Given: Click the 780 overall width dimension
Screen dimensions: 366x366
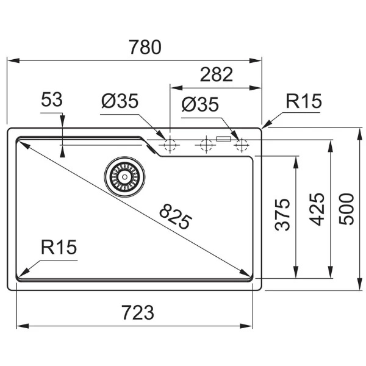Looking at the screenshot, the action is (145, 47).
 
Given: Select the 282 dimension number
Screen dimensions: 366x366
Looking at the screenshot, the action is (217, 74).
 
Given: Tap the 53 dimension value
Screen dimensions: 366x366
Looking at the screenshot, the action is (52, 99).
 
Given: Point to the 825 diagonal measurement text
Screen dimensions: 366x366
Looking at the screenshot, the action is (175, 217).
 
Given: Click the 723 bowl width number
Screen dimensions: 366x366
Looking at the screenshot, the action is (138, 312).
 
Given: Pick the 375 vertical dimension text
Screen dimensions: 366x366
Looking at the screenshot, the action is (282, 215).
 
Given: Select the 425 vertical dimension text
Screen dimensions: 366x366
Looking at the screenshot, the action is (317, 209).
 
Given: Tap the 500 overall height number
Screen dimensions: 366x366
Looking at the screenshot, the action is (346, 209).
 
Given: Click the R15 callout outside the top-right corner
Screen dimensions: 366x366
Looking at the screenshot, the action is (304, 101).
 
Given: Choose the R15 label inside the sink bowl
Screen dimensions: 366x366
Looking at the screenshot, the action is (59, 247).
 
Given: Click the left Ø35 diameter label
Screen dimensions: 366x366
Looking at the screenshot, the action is (120, 101).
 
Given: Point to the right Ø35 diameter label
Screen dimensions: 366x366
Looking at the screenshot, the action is (200, 104).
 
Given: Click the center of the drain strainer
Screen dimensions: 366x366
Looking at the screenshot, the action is (124, 177).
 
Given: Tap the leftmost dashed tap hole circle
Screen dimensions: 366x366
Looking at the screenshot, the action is (170, 145).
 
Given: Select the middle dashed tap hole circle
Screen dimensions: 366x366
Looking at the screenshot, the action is (206, 145).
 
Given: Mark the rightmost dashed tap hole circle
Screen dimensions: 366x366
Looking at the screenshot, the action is (242, 145).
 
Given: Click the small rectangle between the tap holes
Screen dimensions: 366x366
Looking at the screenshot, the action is (224, 139).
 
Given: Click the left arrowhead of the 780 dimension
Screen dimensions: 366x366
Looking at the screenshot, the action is (13, 60).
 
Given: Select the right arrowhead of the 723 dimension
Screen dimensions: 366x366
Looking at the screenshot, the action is (246, 326).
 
